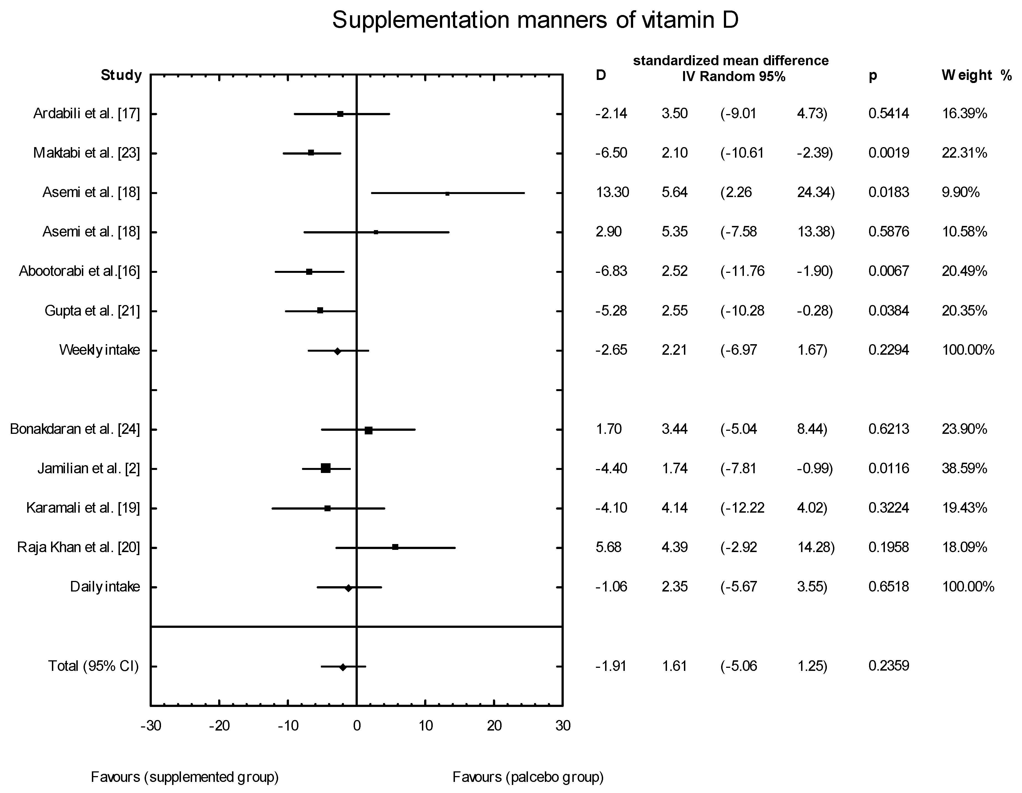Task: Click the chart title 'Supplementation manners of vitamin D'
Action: (535, 20)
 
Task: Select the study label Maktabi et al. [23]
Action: (87, 153)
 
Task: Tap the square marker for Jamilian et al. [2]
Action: (326, 468)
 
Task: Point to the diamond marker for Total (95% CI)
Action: (343, 667)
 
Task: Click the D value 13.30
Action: (612, 192)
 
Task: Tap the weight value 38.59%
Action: (965, 468)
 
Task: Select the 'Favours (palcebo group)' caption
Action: (528, 777)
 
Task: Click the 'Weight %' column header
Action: (976, 75)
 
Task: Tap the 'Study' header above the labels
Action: (121, 75)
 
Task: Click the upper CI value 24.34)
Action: (816, 192)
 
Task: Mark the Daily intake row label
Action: (105, 587)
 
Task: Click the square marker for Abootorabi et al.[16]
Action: (309, 272)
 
